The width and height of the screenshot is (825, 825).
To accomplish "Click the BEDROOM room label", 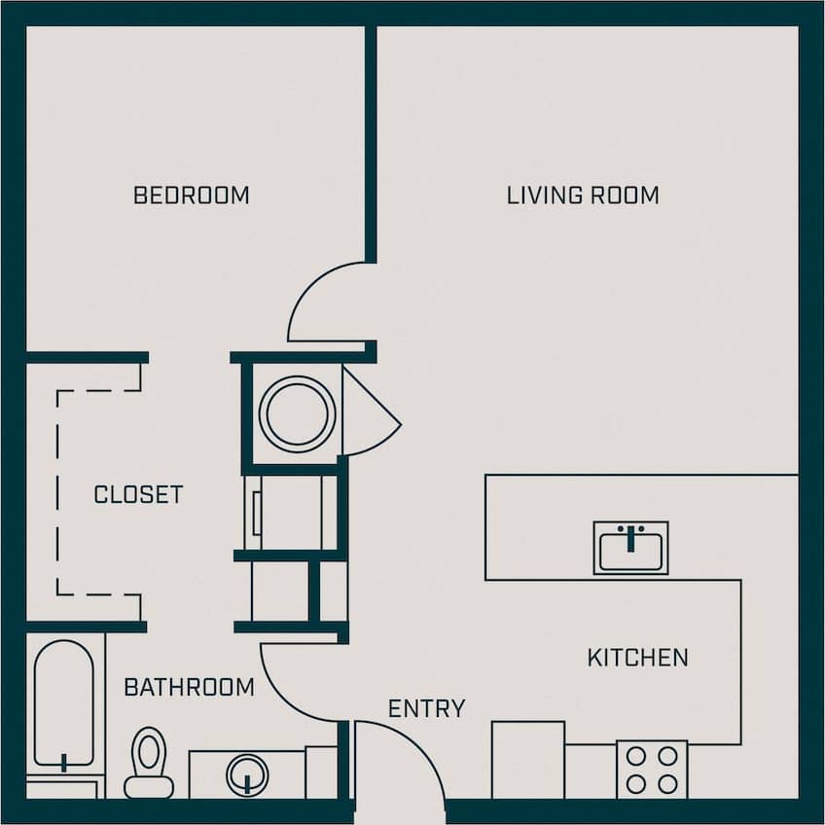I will coord(191,196).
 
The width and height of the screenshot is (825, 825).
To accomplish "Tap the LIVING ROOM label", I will coord(582,196).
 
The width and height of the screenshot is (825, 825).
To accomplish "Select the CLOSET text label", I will coord(138,494).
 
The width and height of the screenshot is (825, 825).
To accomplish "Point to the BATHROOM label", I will coord(189,688).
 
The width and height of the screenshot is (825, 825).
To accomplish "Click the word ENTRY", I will coord(426,709).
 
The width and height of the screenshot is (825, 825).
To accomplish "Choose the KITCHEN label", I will coord(637,658).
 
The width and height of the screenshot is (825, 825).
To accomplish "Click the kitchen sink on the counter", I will coord(630,548).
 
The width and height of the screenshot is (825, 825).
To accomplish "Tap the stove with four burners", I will coord(652,770).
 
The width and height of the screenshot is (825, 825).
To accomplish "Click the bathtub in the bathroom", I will coord(64,702).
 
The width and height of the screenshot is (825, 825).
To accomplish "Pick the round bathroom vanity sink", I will coord(247,775).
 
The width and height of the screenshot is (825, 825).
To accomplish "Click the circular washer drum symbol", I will coord(296,412).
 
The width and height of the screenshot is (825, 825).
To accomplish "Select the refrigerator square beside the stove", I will coord(527,759).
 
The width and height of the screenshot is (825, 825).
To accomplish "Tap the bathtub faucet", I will coord(64,761).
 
